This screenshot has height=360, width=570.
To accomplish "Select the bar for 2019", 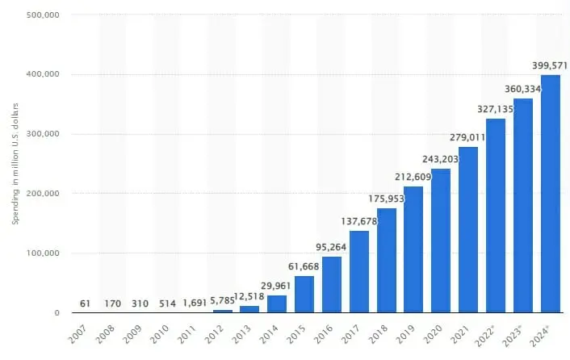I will tap(413, 249).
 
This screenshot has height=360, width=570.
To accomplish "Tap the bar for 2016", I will tap(332, 284).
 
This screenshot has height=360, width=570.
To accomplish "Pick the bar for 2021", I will tap(468, 229).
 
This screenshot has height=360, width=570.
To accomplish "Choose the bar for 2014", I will tap(277, 303).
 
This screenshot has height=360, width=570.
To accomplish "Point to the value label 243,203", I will tap(441, 158).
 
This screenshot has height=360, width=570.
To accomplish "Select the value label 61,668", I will tap(304, 266).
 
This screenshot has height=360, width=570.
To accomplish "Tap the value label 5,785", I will tap(223, 299).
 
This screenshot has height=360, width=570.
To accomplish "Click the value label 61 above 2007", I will tap(86, 302).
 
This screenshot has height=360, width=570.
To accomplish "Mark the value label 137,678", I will tap(359, 221).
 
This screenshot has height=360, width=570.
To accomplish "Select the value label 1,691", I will tap(195, 302).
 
